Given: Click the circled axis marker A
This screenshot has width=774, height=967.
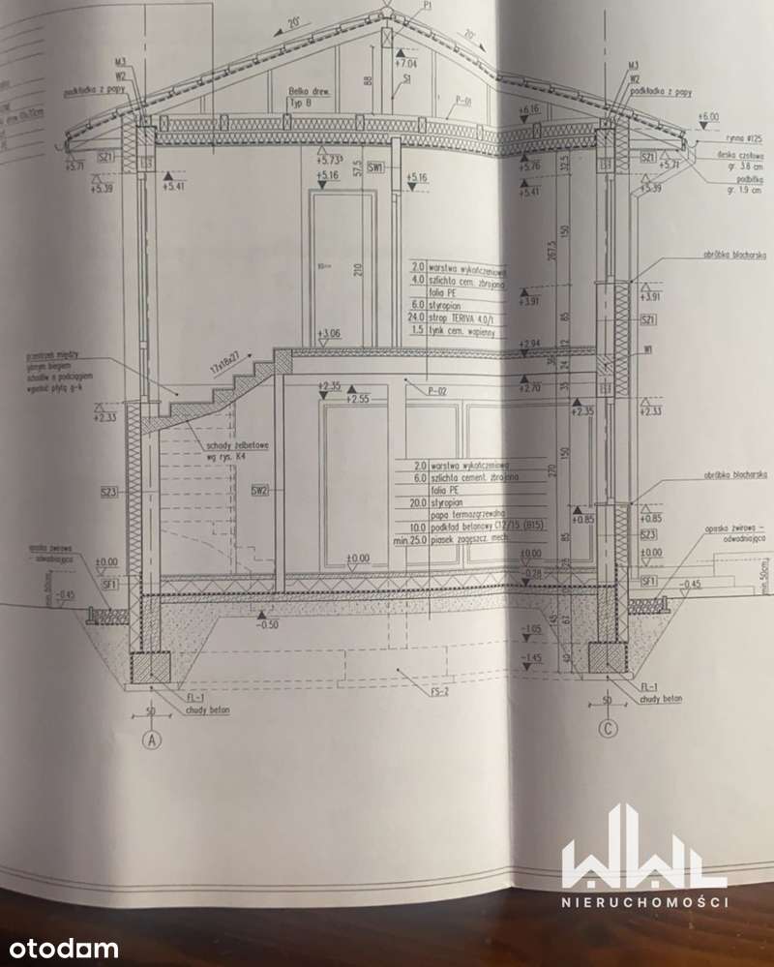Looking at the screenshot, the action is pos(151,742).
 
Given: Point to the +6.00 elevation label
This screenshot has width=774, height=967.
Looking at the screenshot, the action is pos(710,116).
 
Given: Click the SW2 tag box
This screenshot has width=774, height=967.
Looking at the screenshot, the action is pos(259,490).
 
